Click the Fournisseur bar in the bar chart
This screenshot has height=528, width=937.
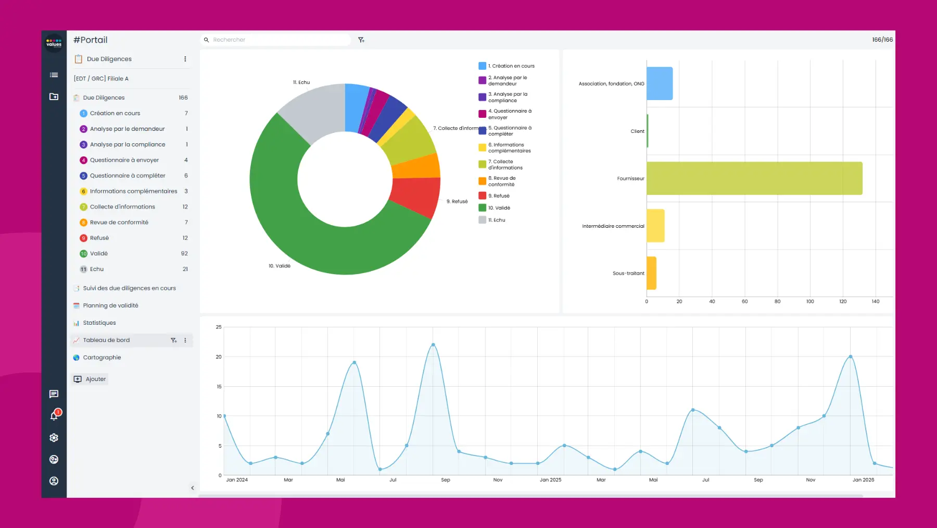point(754,178)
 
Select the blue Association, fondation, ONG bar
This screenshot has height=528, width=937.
point(660,83)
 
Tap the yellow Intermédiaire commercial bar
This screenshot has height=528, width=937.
point(655,226)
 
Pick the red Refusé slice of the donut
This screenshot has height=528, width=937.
point(415,197)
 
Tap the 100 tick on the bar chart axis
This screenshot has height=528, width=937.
point(810,301)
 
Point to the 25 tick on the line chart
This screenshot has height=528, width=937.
point(219,327)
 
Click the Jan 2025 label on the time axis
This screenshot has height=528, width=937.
point(550,480)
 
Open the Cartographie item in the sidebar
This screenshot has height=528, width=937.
point(102,358)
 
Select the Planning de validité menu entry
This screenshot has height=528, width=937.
point(110,305)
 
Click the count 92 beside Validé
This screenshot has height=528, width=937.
point(184,253)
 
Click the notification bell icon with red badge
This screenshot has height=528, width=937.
point(54,415)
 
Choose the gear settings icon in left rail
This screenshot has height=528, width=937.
point(54,438)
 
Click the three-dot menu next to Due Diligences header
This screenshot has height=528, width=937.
point(185,59)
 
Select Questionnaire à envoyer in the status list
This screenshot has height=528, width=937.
point(124,160)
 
